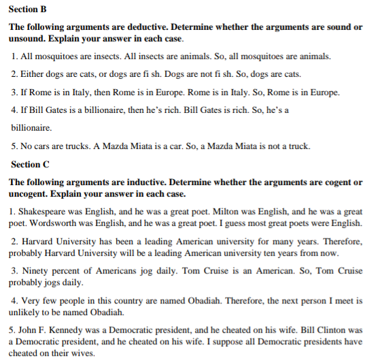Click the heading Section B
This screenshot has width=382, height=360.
(x=27, y=9)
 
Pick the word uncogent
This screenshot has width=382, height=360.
(x=32, y=193)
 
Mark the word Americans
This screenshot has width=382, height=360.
(x=117, y=271)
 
